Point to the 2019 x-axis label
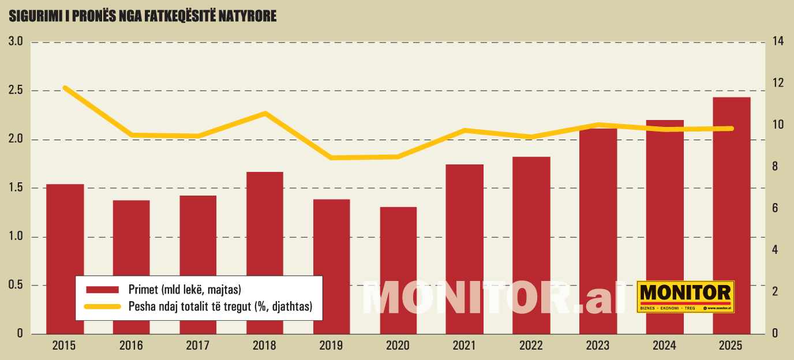pyautogui.click(x=331, y=346)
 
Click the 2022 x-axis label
pyautogui.click(x=531, y=346)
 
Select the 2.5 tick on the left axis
pyautogui.click(x=15, y=91)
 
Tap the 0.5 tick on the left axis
pyautogui.click(x=15, y=286)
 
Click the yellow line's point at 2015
pyautogui.click(x=65, y=88)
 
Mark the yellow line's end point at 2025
pyautogui.click(x=731, y=128)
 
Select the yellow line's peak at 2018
pyautogui.click(x=265, y=113)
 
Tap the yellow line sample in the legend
pyautogui.click(x=102, y=306)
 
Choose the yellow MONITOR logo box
pyautogui.click(x=686, y=297)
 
